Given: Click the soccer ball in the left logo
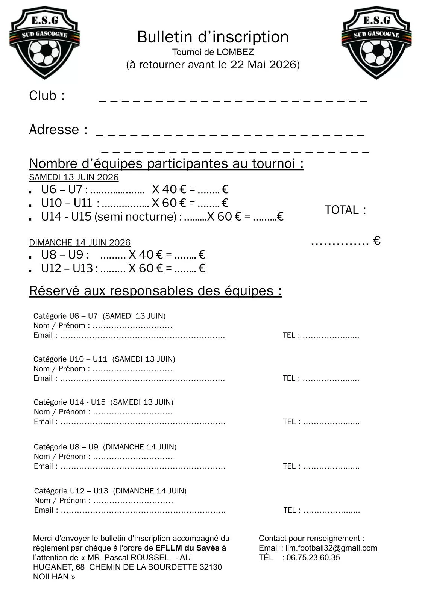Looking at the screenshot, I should [x=44, y=53].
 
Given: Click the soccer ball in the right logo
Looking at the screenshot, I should [x=376, y=53].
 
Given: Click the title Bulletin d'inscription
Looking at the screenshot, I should [x=213, y=37].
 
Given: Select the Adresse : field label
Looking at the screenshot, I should [x=58, y=130].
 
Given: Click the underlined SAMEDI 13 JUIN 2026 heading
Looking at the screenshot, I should [x=74, y=177].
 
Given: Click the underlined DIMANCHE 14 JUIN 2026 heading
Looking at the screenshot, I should [x=80, y=243].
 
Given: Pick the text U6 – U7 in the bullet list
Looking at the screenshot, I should [x=62, y=189].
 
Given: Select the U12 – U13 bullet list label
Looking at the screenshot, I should [x=67, y=268].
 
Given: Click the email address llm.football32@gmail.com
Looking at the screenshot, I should [x=331, y=548].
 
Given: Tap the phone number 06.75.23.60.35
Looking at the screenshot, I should [x=313, y=558].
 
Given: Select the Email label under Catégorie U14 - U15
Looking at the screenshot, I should [x=43, y=422].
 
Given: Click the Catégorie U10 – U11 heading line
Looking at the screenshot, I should [x=104, y=359].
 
